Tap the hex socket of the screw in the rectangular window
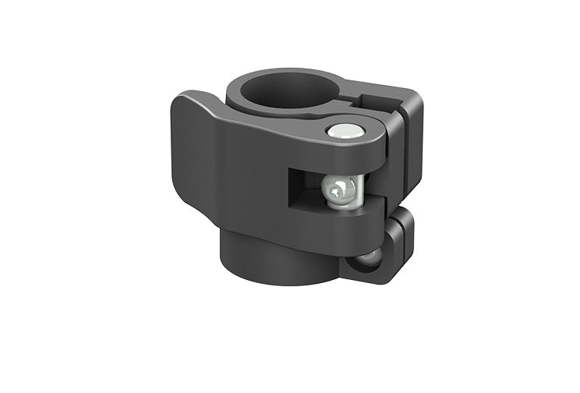coord(338,189)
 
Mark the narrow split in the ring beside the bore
coord(352,101)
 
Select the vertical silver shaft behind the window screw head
coord(353,191)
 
